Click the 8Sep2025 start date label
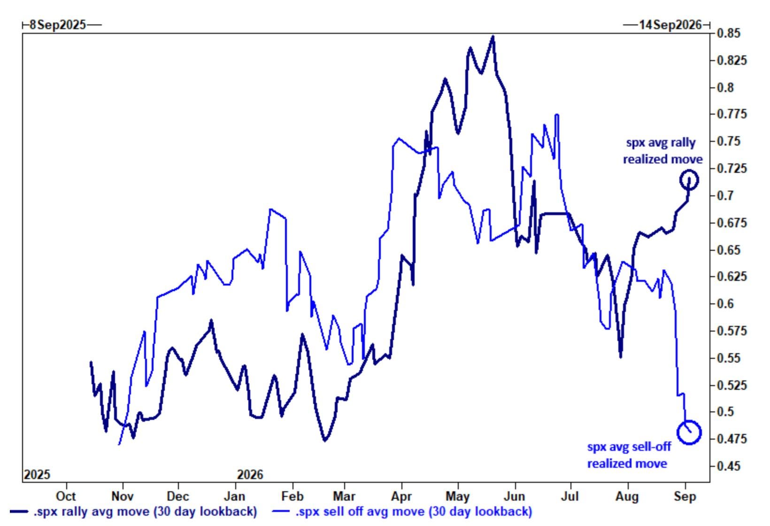[58, 25]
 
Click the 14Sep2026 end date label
[670, 25]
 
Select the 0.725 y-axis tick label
[732, 169]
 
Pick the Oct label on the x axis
[66, 496]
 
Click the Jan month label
[235, 496]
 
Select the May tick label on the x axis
[457, 496]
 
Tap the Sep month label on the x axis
[685, 496]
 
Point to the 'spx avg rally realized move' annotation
[662, 151]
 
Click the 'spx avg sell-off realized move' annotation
[629, 455]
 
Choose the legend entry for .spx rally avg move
[133, 512]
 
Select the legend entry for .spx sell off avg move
[402, 512]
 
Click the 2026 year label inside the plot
[250, 475]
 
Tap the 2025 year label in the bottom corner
[37, 475]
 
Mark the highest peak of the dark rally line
[493, 36]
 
